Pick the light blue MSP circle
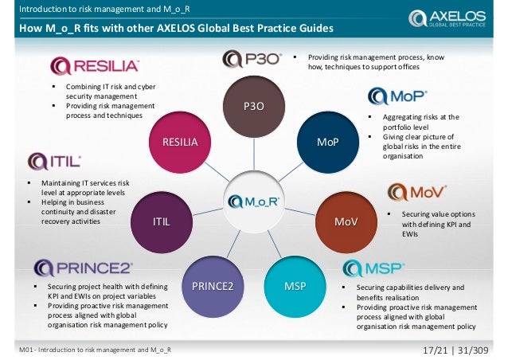(295, 284)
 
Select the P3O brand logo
(249, 60)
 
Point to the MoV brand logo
(416, 193)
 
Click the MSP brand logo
(371, 267)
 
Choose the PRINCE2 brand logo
(84, 267)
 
